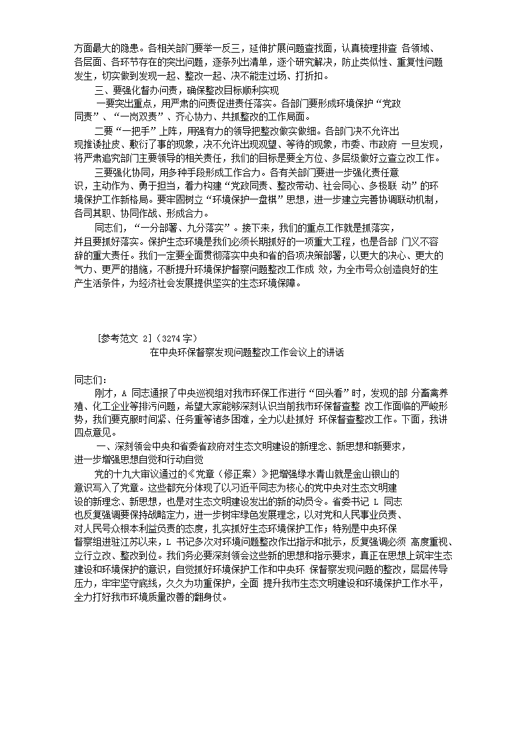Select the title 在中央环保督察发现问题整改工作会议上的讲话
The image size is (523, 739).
tap(246, 353)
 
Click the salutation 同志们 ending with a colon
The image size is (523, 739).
tap(90, 379)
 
